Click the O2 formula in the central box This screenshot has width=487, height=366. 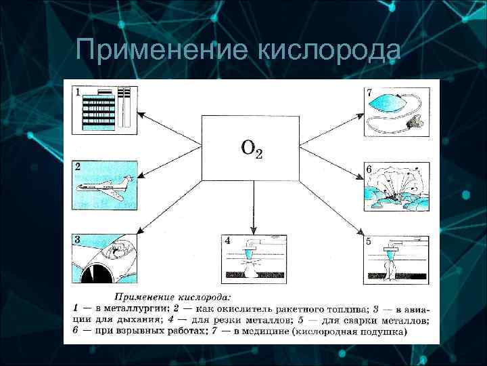[x=251, y=149]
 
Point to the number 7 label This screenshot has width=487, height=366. [x=369, y=91]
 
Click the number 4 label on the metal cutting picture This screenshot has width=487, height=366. [x=227, y=241]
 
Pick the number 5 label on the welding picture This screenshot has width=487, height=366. [x=368, y=241]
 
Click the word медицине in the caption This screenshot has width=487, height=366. [x=271, y=332]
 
